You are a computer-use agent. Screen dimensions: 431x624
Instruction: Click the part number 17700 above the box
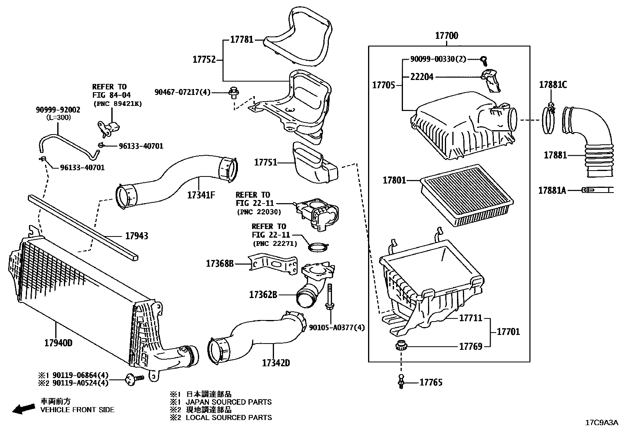[446, 36]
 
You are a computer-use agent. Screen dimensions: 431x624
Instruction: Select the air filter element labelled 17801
[466, 195]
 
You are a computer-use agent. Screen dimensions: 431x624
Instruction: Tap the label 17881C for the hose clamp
[553, 84]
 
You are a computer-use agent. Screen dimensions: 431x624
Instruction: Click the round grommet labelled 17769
[401, 346]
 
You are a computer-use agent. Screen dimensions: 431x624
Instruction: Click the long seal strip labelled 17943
[82, 227]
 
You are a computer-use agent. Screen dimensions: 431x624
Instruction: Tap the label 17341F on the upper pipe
[201, 195]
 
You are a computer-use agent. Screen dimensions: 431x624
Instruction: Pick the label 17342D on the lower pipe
[276, 363]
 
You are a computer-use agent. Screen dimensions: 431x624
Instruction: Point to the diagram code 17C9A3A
[601, 423]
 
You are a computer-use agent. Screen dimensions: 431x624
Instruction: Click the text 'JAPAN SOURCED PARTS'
[229, 402]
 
